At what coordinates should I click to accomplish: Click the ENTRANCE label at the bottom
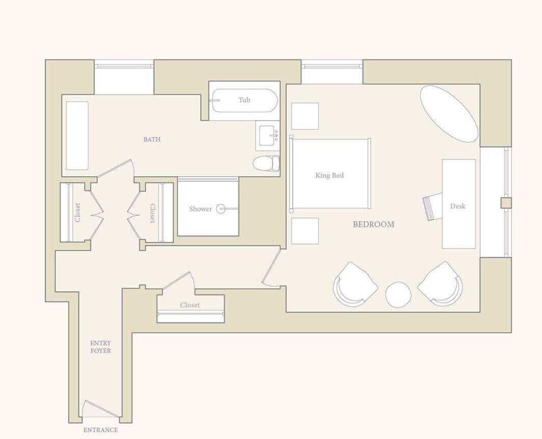(x=100, y=430)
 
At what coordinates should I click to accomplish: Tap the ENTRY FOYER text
(x=100, y=347)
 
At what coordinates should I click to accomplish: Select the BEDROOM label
(x=373, y=224)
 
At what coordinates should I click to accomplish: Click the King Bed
(x=330, y=175)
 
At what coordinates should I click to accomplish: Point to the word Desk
(x=457, y=206)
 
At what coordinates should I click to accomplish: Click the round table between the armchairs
(x=398, y=295)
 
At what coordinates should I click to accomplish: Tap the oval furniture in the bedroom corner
(x=449, y=114)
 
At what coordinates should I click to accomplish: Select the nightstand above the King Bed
(x=305, y=116)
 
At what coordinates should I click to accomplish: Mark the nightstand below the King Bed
(x=305, y=231)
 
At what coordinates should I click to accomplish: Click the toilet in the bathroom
(x=267, y=163)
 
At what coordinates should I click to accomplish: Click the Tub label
(x=245, y=100)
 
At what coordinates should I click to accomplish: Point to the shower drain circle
(x=221, y=208)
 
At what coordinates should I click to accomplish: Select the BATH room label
(x=152, y=139)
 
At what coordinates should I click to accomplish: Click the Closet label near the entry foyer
(x=189, y=305)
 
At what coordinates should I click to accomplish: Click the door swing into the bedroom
(x=271, y=267)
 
